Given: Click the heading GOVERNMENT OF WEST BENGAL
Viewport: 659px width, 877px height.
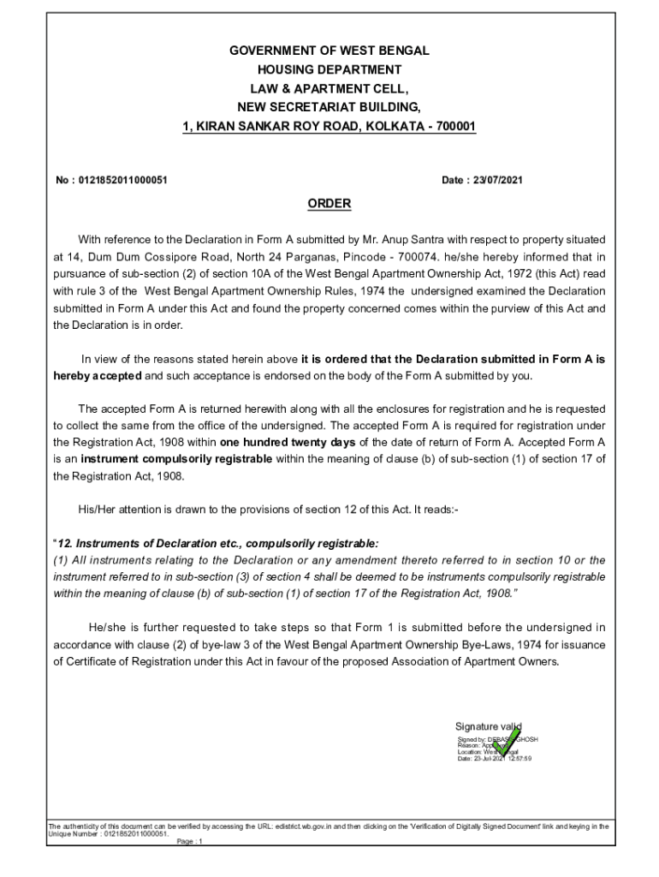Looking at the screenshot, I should (329, 51).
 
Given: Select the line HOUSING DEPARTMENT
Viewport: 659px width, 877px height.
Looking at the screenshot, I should (329, 70).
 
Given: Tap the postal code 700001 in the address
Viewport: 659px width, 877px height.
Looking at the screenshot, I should (455, 127).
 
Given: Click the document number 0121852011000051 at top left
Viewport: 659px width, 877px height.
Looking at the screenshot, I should (123, 181).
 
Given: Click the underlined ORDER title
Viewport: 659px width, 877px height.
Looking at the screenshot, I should (329, 204).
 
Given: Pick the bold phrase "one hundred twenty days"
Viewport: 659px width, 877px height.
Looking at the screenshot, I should (288, 442).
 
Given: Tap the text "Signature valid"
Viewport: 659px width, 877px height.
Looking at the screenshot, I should (488, 727).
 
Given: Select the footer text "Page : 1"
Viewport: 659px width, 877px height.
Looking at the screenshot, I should (188, 842).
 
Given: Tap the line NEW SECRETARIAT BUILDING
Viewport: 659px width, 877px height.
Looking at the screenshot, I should (329, 108).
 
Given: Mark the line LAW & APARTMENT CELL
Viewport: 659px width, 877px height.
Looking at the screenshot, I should (329, 89).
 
